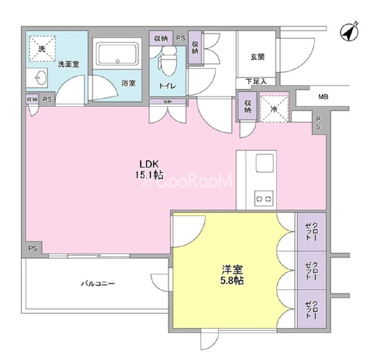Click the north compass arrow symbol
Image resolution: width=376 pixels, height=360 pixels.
349,32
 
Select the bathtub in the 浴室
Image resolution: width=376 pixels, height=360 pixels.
117,54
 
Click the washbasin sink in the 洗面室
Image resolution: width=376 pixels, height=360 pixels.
38,77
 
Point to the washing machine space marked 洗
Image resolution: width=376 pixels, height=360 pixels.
43,49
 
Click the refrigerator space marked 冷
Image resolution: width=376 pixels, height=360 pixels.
274,109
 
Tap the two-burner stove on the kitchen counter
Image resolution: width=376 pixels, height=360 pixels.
264,198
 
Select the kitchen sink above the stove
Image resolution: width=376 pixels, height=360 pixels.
265,163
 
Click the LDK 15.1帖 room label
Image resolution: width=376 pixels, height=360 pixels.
149,170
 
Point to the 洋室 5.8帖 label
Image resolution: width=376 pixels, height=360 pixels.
232,275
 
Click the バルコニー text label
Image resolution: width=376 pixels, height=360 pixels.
98,284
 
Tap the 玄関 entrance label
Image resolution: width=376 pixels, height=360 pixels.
257,57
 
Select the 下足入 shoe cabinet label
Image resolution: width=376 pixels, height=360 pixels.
256,82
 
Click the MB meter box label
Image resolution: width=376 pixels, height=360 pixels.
323,97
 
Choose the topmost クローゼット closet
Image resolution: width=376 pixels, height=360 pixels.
311,232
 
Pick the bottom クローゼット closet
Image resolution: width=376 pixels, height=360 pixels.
311,309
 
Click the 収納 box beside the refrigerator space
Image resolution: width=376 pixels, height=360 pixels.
248,106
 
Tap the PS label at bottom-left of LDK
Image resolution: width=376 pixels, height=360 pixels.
33,248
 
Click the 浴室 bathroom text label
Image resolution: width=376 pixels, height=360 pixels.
128,84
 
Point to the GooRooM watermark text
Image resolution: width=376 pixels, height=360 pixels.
188,181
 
